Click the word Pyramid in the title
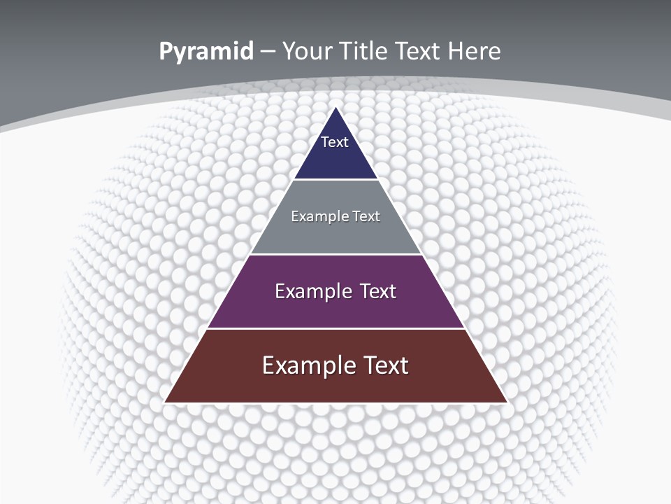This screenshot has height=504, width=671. point(205,52)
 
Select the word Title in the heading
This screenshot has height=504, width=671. point(361,51)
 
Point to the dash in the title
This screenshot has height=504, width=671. point(268,52)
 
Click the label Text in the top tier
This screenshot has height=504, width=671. point(334,142)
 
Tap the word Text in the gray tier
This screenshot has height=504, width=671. point(366,216)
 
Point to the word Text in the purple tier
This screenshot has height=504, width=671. point(378,291)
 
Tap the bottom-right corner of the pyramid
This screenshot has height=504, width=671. point(506,402)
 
